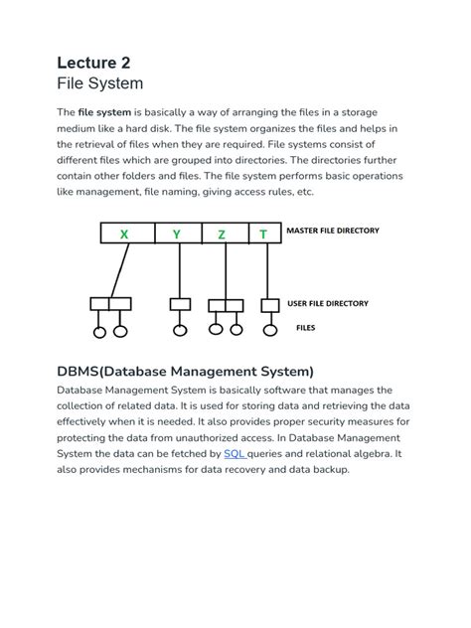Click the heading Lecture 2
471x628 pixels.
coord(93,63)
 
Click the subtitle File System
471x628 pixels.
coord(99,83)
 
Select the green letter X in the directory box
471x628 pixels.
coord(124,235)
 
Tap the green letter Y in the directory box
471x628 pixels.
coord(177,235)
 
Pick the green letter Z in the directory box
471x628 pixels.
coord(222,235)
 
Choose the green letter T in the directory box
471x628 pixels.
coord(263,235)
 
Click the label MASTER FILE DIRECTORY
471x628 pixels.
coord(333,231)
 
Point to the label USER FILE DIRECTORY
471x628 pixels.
coord(328,303)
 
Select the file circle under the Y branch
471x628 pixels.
coord(180,330)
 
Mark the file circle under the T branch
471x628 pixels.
coord(269,329)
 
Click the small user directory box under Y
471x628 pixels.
coord(180,304)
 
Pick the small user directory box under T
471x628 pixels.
coord(269,304)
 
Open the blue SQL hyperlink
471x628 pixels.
coord(235,453)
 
